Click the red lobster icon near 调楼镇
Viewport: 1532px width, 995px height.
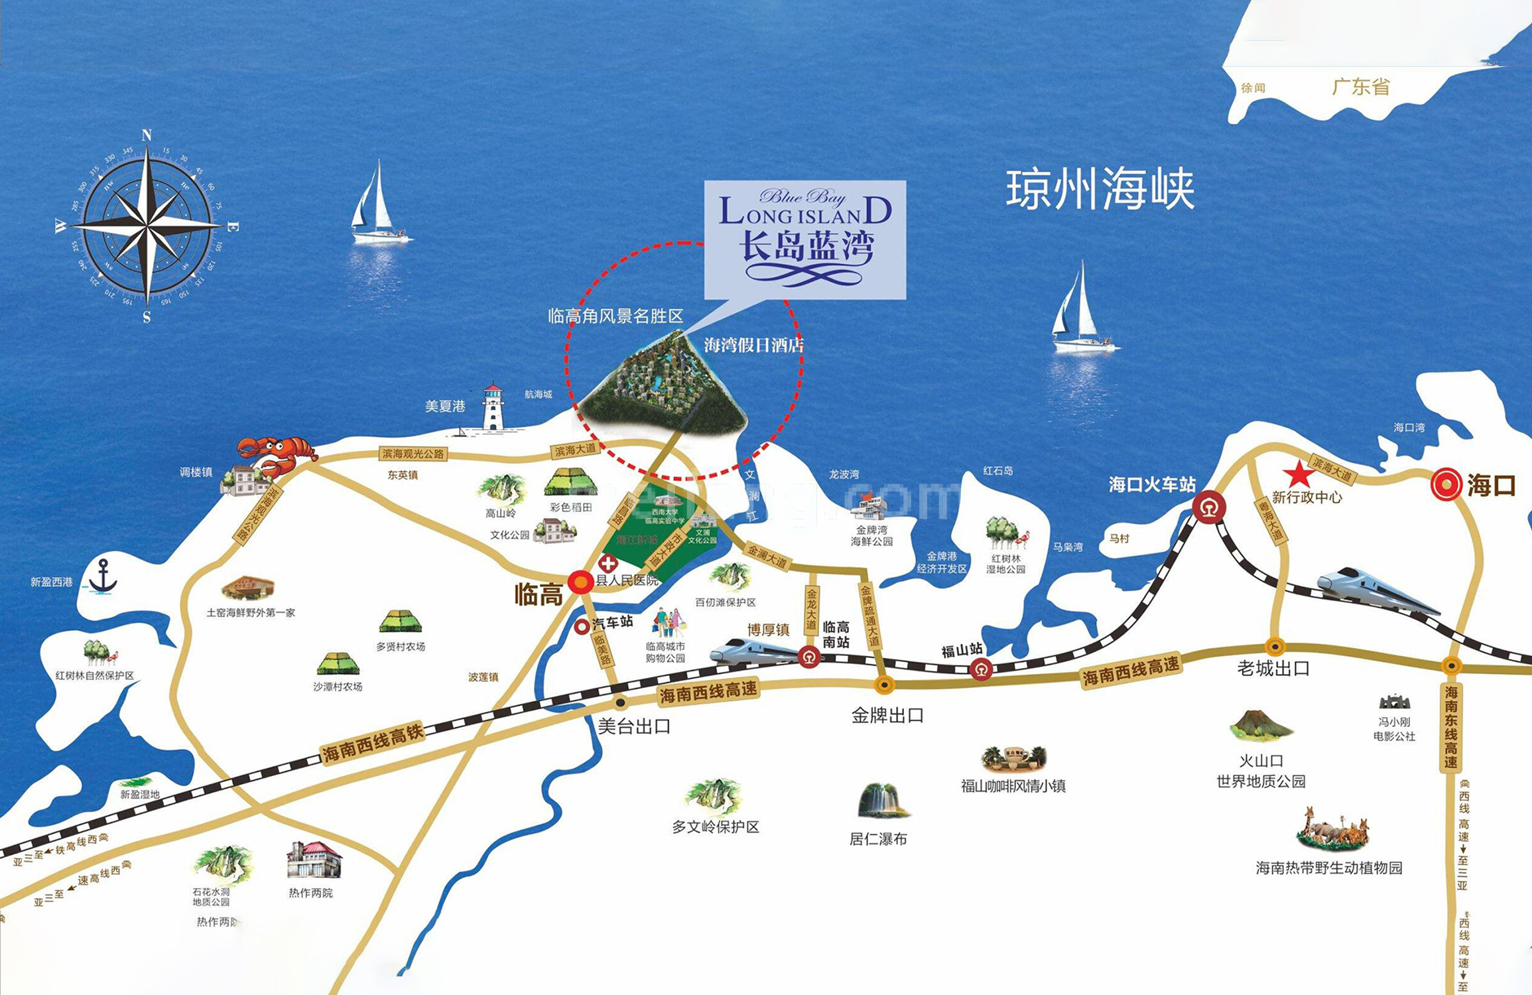coord(277,454)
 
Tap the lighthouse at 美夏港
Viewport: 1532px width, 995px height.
coord(493,407)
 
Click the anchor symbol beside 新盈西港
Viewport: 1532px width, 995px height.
coord(103,576)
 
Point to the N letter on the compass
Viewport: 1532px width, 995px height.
coord(147,136)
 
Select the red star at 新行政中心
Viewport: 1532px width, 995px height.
coord(1298,474)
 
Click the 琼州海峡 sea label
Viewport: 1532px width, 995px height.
coord(1100,190)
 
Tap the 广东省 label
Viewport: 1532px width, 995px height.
coord(1361,87)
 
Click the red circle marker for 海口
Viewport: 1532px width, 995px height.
coord(1446,484)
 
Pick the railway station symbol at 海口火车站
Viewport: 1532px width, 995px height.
coord(1208,508)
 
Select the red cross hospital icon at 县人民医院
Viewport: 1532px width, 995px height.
coord(607,564)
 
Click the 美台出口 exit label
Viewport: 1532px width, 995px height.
coord(634,726)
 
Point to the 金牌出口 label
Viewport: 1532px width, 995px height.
coord(887,715)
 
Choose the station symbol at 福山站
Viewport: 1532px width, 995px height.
coord(981,669)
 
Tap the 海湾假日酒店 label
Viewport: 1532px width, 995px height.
coord(753,345)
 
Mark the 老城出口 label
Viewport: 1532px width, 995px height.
coord(1273,669)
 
